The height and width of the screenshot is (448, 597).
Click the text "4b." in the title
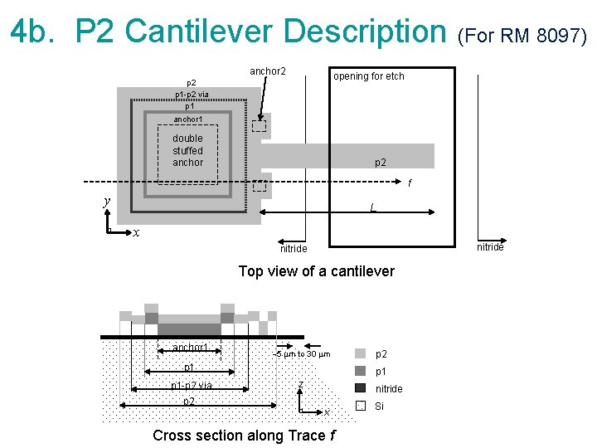tap(36, 32)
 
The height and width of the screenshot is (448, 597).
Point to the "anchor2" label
tap(268, 71)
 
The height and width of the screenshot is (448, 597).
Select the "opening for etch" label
tap(369, 76)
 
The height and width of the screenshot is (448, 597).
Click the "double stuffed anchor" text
tap(187, 150)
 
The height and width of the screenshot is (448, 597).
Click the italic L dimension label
tap(375, 207)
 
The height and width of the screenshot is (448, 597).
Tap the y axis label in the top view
tap(106, 202)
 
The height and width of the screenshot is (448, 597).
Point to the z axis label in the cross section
tap(300, 383)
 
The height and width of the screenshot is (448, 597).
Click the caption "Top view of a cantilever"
tap(316, 271)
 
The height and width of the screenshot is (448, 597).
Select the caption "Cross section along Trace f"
tap(245, 436)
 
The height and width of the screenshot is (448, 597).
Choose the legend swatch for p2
tap(360, 353)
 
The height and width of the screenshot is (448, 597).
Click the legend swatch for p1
tap(360, 371)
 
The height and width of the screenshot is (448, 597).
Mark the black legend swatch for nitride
tap(360, 388)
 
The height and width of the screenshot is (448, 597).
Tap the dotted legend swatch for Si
tap(360, 406)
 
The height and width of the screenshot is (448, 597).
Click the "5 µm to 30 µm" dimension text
tap(303, 355)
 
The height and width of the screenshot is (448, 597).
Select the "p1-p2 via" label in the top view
tap(192, 95)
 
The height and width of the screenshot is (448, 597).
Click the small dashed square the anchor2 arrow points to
tap(260, 126)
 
